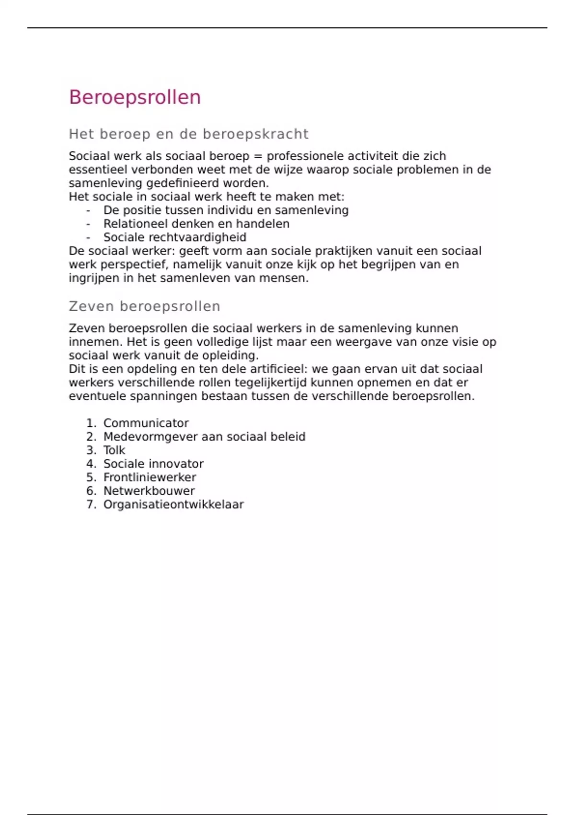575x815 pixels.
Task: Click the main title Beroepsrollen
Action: point(135,97)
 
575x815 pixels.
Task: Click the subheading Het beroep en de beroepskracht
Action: point(188,134)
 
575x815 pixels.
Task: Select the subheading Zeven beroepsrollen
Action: point(144,306)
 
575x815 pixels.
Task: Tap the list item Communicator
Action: point(146,423)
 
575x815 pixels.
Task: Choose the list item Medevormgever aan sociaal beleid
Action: point(204,437)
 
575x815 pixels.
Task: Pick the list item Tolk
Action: point(114,450)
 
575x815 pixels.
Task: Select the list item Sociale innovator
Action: point(153,464)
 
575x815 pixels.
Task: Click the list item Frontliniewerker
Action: point(149,477)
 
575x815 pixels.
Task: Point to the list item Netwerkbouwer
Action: point(149,491)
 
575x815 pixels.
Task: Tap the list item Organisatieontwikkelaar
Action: point(173,504)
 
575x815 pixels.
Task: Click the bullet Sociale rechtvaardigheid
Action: point(175,237)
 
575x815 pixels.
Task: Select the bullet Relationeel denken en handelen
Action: point(196,224)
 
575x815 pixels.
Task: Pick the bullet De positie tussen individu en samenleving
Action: point(226,210)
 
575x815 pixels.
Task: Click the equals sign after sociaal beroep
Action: point(258,156)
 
